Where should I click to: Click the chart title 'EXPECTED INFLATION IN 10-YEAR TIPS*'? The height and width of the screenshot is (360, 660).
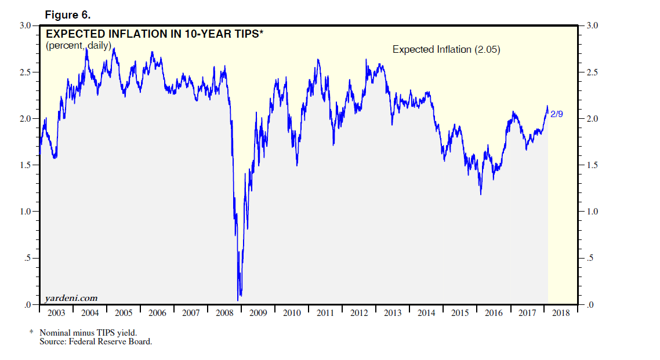pos(155,34)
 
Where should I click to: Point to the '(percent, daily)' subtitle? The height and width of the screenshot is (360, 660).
pos(78,45)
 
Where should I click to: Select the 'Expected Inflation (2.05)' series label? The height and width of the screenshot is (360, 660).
pos(446,50)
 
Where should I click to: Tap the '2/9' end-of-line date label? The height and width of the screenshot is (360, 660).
pos(556,114)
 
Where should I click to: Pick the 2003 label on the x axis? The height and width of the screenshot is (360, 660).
pos(56,313)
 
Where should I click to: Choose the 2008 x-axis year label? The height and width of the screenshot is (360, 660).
pos(224,313)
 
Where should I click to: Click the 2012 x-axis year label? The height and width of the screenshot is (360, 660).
pos(359,313)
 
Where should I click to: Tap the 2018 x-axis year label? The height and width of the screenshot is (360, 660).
pos(561,313)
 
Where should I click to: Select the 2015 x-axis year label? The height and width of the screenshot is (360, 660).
pos(460,313)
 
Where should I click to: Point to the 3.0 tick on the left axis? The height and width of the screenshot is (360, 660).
pos(26,26)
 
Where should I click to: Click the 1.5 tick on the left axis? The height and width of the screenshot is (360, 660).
pos(26,165)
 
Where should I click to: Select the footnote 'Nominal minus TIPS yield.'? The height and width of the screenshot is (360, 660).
pos(88,333)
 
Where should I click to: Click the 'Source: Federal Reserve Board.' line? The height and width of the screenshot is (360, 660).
pos(96,341)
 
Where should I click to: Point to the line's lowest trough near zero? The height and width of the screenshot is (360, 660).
pos(238,300)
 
